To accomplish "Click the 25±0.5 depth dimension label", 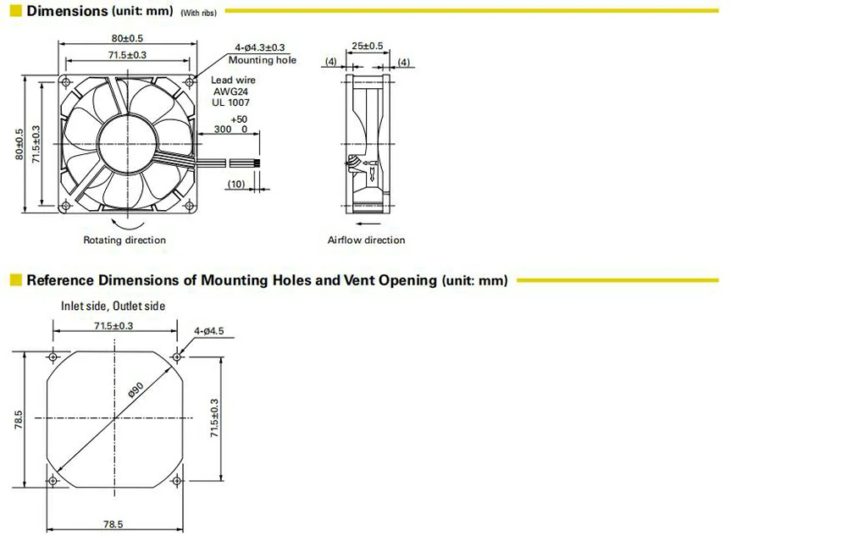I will tap(367, 45).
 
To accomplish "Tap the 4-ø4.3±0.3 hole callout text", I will tap(260, 47).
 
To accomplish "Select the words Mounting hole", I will tap(263, 60).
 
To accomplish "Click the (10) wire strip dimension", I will tap(236, 184).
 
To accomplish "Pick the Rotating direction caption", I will tap(125, 240).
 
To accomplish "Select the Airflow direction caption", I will tap(366, 240).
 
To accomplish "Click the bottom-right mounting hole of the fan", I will tap(187, 202).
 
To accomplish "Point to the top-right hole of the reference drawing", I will tap(177, 356).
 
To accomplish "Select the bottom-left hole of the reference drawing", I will tap(54, 481).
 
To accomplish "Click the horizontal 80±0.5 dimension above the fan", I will tap(127, 38).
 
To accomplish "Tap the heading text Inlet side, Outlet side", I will tap(113, 306).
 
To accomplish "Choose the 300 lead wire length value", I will tap(223, 130).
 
